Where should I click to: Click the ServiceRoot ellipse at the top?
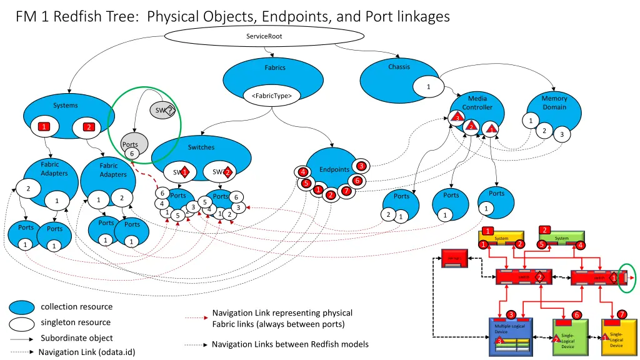pos(264,36)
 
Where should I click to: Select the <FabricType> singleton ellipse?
pos(271,96)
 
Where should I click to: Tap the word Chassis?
pos(399,67)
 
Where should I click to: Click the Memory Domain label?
pos(554,102)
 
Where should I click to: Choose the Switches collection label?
pos(201,147)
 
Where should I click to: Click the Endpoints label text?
pos(334,169)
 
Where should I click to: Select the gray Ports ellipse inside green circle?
pos(134,144)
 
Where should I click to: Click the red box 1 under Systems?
pos(43,127)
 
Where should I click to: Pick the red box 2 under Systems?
pos(89,127)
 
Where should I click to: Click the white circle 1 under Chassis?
pos(428,86)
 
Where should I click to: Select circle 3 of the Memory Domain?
pos(561,134)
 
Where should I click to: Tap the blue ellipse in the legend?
pos(22,307)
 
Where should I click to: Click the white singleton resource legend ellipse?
pos(22,323)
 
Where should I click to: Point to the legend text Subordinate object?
pos(77,338)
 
